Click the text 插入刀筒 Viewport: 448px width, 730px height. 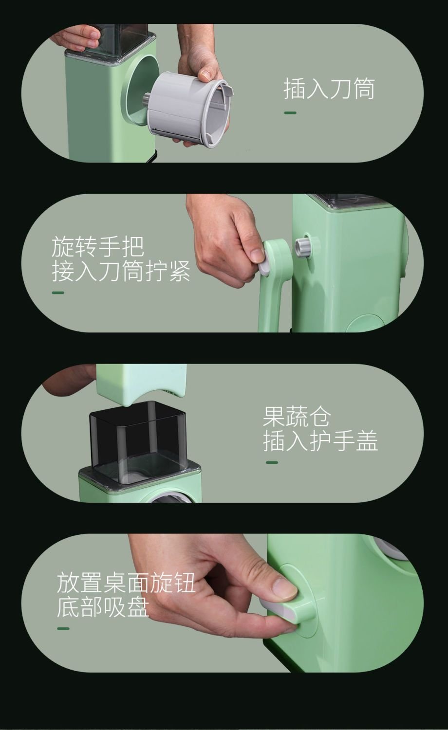tap(329, 88)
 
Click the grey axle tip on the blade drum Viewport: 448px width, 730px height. tap(147, 99)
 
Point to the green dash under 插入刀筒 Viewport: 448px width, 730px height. tap(290, 113)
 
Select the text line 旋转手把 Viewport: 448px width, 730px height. tap(97, 247)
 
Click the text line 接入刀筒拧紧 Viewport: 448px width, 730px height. tap(121, 271)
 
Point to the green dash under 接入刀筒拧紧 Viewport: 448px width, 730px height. tap(58, 292)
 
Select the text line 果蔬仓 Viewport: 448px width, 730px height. tap(297, 416)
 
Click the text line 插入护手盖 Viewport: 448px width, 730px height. tap(320, 440)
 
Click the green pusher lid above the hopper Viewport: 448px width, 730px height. tap(142, 384)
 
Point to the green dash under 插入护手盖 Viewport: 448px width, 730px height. tap(272, 462)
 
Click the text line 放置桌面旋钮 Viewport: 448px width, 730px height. tap(126, 583)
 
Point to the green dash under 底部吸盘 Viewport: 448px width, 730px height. tap(63, 628)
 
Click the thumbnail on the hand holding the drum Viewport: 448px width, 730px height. tap(206, 74)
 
